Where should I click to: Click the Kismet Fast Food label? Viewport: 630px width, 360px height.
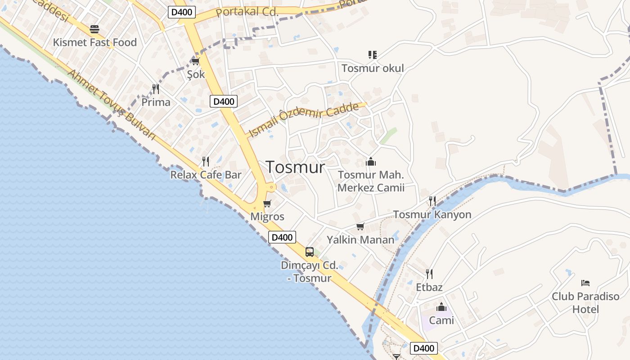click(94, 42)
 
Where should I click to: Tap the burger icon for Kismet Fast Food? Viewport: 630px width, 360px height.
click(94, 30)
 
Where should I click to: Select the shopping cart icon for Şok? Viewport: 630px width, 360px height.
click(195, 61)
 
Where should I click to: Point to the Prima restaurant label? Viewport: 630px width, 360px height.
click(156, 102)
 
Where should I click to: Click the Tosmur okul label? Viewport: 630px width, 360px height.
click(373, 68)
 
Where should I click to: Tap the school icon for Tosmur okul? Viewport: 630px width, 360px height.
click(372, 55)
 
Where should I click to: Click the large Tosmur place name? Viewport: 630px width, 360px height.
click(295, 167)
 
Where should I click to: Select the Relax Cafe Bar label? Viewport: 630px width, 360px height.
click(206, 175)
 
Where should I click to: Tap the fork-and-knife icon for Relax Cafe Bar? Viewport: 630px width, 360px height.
click(206, 161)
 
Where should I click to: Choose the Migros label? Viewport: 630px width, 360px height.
click(267, 216)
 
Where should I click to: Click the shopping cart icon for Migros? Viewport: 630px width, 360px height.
click(267, 203)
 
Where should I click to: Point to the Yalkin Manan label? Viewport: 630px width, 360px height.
click(360, 239)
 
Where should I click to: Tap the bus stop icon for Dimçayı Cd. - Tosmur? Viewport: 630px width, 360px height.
click(310, 252)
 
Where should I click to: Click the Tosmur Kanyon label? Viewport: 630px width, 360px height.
click(432, 215)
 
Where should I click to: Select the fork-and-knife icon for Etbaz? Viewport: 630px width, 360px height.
click(429, 274)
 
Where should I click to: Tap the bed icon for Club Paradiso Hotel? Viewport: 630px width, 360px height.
click(585, 283)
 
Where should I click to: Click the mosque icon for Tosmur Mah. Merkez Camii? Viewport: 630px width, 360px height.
click(371, 161)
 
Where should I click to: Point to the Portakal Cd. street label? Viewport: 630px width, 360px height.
click(247, 12)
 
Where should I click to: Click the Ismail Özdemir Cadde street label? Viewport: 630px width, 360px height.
click(304, 120)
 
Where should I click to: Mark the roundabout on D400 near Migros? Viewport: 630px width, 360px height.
click(271, 187)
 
